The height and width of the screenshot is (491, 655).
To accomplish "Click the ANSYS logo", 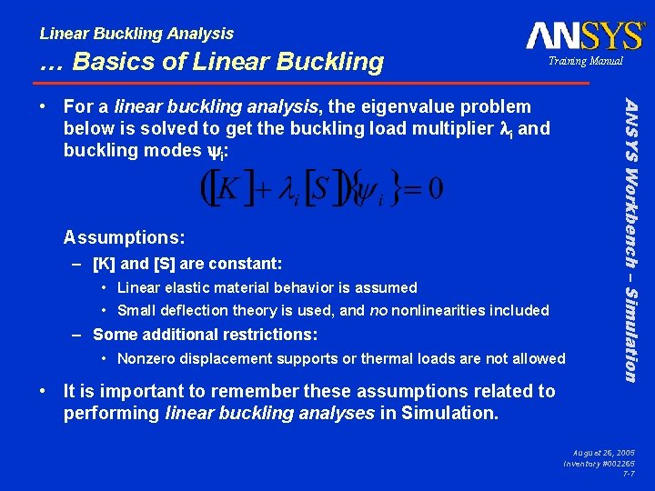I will [x=584, y=35].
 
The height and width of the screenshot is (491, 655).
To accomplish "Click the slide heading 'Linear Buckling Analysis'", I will [x=136, y=34].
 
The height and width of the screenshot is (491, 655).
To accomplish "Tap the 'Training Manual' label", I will [x=585, y=61].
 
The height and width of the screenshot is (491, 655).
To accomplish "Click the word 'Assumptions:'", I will [x=125, y=238].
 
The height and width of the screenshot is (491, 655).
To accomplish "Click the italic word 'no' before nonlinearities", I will [x=378, y=311].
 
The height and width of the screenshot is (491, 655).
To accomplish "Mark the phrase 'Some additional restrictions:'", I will [x=205, y=335].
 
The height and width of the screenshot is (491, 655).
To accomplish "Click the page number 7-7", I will [x=628, y=474].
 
